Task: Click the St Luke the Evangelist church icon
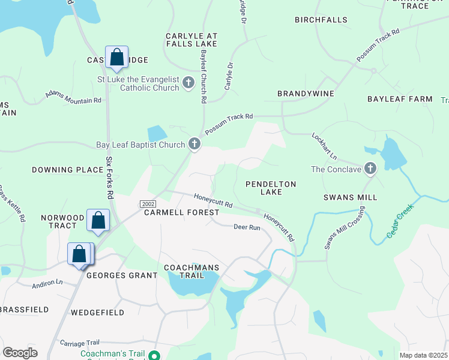188,83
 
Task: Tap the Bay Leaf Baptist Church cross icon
194,144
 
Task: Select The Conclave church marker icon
370,169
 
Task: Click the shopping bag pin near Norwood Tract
98,220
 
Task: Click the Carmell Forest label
181,212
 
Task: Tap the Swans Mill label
350,197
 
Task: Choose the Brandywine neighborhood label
305,94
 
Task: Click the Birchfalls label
321,20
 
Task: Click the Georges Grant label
122,275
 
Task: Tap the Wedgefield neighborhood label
97,313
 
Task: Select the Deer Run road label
246,227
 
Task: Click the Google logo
20,353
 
